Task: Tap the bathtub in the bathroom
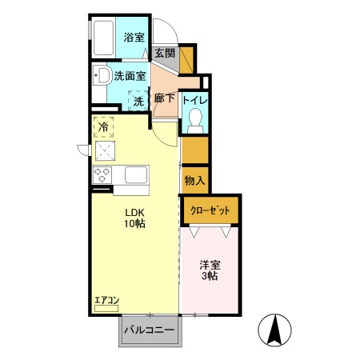pos(103,37)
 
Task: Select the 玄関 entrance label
pos(164,54)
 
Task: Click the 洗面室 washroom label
pos(129,77)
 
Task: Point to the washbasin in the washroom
pos(102,78)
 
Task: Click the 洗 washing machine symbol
pos(138,101)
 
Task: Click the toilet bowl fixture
pos(194,119)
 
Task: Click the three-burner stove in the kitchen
pos(103,174)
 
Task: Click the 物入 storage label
pos(194,180)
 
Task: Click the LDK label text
pos(134,213)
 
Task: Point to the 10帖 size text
pos(134,226)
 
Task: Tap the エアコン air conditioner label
pos(106,301)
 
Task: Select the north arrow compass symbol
pos(273,330)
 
